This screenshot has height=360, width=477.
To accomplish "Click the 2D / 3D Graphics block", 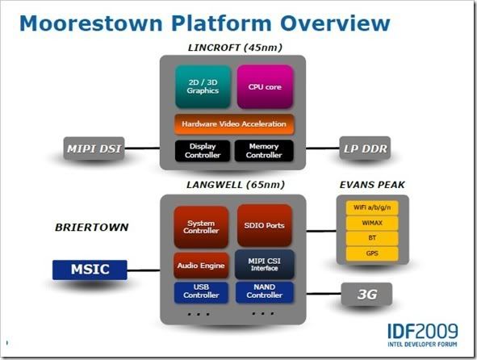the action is click(203, 86).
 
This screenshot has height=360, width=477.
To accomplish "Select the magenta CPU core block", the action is click(265, 86).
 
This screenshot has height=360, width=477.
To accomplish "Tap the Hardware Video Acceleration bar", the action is click(234, 124).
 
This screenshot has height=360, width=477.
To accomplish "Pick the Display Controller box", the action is click(203, 151).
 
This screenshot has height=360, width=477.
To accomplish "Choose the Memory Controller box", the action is click(264, 151).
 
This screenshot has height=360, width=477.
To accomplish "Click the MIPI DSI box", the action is click(94, 149).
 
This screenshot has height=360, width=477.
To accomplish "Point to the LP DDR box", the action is click(365, 149).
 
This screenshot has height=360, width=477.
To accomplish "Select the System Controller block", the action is click(201, 227).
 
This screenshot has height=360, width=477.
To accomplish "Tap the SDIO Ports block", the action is click(265, 225).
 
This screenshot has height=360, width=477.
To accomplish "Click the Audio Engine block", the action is click(201, 266).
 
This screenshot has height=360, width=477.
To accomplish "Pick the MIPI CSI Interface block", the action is click(265, 265).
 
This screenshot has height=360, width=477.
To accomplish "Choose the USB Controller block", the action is click(201, 292).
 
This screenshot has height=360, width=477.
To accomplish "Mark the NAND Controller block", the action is click(265, 292).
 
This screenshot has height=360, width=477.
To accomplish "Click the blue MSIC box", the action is click(90, 270).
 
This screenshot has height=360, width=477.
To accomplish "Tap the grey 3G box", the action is click(366, 294).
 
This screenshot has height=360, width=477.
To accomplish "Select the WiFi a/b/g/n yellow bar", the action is click(372, 207).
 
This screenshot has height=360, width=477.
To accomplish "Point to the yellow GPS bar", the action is click(372, 253).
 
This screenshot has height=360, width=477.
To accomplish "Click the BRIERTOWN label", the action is click(92, 228).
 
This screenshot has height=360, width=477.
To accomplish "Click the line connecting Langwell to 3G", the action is click(324, 294).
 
